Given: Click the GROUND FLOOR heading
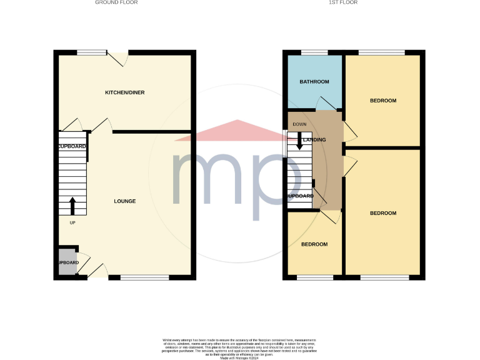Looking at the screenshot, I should point(116,2).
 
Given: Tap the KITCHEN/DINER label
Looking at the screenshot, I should point(124,92).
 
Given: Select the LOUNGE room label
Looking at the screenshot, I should point(124,201).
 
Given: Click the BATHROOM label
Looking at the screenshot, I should point(314,82).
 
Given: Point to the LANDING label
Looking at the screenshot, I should point(314,139).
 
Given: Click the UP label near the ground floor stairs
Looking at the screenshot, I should point(72,222).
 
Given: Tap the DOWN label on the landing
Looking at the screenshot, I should point(299,124).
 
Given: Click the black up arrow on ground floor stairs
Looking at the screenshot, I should point(72,205).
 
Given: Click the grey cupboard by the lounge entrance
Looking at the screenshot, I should point(68,262).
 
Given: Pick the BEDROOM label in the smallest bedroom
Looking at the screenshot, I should point(314,244).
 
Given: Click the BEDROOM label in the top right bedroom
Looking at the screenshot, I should point(383,101).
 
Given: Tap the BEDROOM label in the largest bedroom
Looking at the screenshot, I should point(383,213).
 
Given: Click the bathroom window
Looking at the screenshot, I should point(314,52).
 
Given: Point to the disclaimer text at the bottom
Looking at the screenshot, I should point(239,347).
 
